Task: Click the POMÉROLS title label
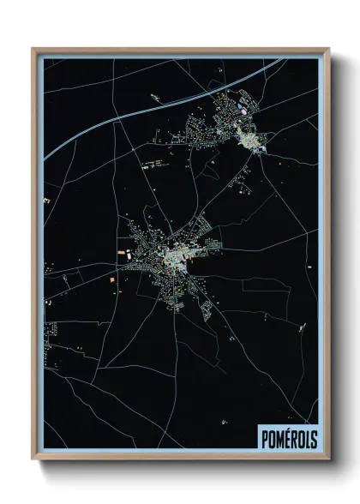point(286,439)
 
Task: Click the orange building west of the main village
point(111,281)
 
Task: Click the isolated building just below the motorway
point(154,98)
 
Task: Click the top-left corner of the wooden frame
point(33,49)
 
